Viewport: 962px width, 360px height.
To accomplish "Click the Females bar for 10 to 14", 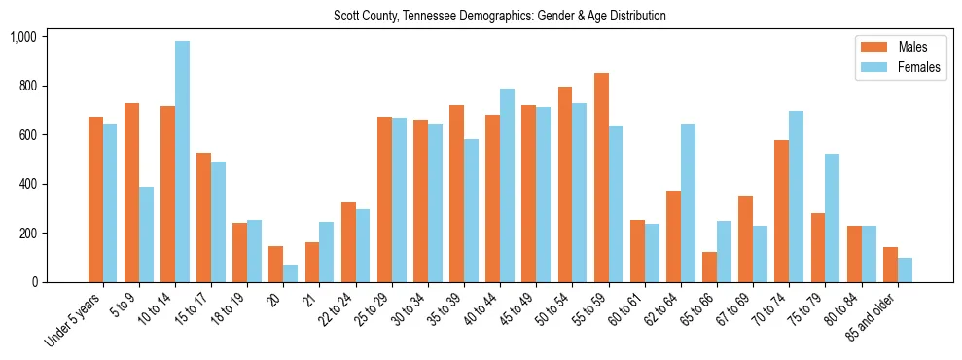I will [183, 162].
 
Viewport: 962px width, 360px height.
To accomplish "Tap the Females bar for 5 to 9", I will [146, 234].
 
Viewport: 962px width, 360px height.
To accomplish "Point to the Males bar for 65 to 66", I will [710, 268].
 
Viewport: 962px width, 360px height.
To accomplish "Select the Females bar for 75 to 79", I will [833, 218].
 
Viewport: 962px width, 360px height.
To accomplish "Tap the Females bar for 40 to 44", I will [508, 186].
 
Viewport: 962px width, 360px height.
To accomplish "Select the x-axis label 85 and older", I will [873, 321].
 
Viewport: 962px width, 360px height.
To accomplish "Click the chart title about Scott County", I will [499, 17].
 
